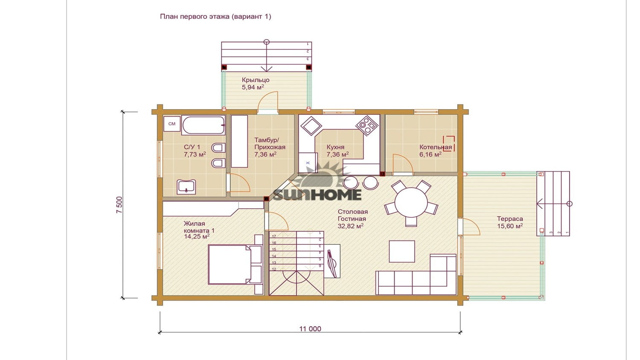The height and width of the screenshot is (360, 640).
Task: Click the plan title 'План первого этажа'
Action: pyautogui.click(x=195, y=17)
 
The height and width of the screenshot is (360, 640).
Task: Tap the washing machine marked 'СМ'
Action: pyautogui.click(x=172, y=124)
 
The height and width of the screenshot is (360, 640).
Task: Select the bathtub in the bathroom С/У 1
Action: pyautogui.click(x=203, y=125)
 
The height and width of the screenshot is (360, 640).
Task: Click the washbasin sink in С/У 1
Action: pyautogui.click(x=186, y=187)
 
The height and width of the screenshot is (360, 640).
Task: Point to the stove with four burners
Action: pyautogui.click(x=367, y=125)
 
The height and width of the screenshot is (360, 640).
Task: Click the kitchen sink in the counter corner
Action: pyautogui.click(x=311, y=126)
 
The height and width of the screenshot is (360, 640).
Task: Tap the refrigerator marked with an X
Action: pyautogui.click(x=308, y=163)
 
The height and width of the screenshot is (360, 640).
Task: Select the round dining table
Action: pyautogui.click(x=411, y=203)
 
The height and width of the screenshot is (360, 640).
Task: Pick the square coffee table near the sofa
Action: pyautogui.click(x=402, y=251)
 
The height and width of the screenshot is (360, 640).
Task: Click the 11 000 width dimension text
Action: pyautogui.click(x=310, y=329)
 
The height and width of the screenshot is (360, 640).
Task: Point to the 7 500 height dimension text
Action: pyautogui.click(x=119, y=205)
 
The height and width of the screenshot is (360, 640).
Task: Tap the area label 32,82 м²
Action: pyautogui.click(x=351, y=226)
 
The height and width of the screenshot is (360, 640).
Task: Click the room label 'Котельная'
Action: pyautogui.click(x=436, y=147)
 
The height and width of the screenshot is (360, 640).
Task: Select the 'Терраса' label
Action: pyautogui.click(x=510, y=219)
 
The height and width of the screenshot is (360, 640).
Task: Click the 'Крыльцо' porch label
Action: pyautogui.click(x=256, y=80)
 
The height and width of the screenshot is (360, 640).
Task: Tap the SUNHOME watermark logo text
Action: pyautogui.click(x=317, y=195)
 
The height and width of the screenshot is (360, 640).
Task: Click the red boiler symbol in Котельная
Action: pyautogui.click(x=448, y=143)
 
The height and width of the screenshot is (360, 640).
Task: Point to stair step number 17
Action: pyautogui.click(x=274, y=236)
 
